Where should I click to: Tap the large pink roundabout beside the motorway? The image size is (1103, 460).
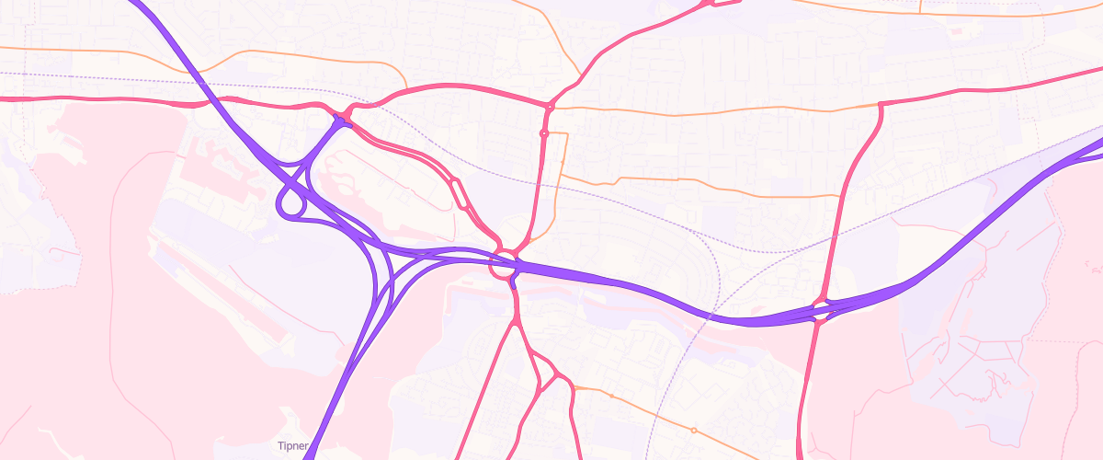click(504, 265)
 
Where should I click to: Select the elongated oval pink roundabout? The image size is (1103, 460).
click(458, 194)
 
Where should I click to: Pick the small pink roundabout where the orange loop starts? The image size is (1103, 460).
click(544, 134)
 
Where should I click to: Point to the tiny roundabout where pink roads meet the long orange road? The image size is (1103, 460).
click(550, 108)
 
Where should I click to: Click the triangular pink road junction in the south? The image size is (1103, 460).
click(549, 378)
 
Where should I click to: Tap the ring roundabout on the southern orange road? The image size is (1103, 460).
click(694, 430)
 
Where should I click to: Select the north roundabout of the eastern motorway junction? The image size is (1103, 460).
click(820, 302)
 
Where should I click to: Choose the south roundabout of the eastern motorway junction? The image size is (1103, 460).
click(820, 320)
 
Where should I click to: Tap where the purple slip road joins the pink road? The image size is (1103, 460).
click(340, 120)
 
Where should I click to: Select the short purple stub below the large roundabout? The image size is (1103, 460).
click(513, 283)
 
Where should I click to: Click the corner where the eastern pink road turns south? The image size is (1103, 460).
click(881, 104)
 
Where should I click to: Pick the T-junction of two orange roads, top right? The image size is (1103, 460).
click(920, 13)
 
